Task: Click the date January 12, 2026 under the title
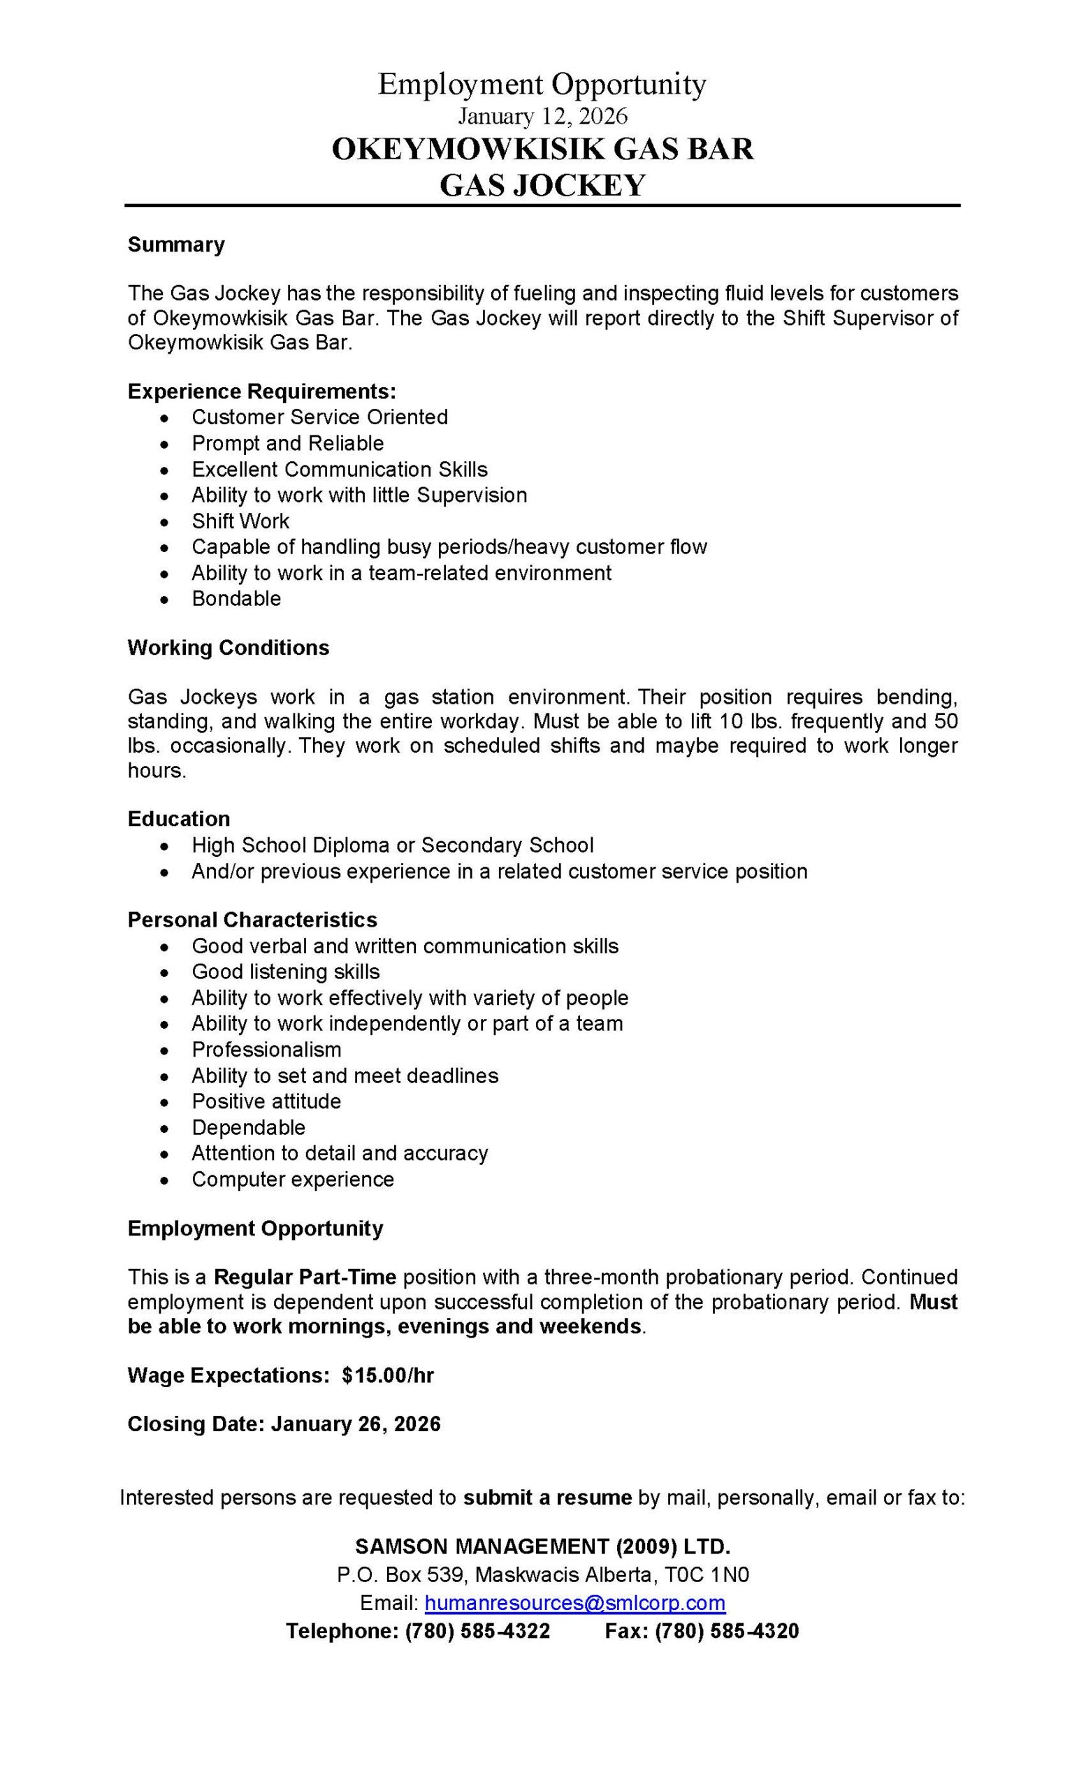(542, 116)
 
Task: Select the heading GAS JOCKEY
(542, 185)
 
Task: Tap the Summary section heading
(175, 245)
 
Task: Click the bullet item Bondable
(236, 598)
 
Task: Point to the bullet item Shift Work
(240, 521)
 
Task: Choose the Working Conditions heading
(228, 648)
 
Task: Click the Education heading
(179, 819)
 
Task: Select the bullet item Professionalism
(266, 1049)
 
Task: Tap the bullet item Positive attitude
(266, 1101)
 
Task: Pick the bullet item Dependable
(248, 1128)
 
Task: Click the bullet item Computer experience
(293, 1179)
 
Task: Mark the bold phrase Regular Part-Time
(305, 1277)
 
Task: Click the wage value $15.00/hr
(389, 1376)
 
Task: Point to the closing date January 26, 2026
(356, 1424)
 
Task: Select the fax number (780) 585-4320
(727, 1631)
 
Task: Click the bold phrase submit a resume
(547, 1497)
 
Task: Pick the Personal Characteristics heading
(252, 920)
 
